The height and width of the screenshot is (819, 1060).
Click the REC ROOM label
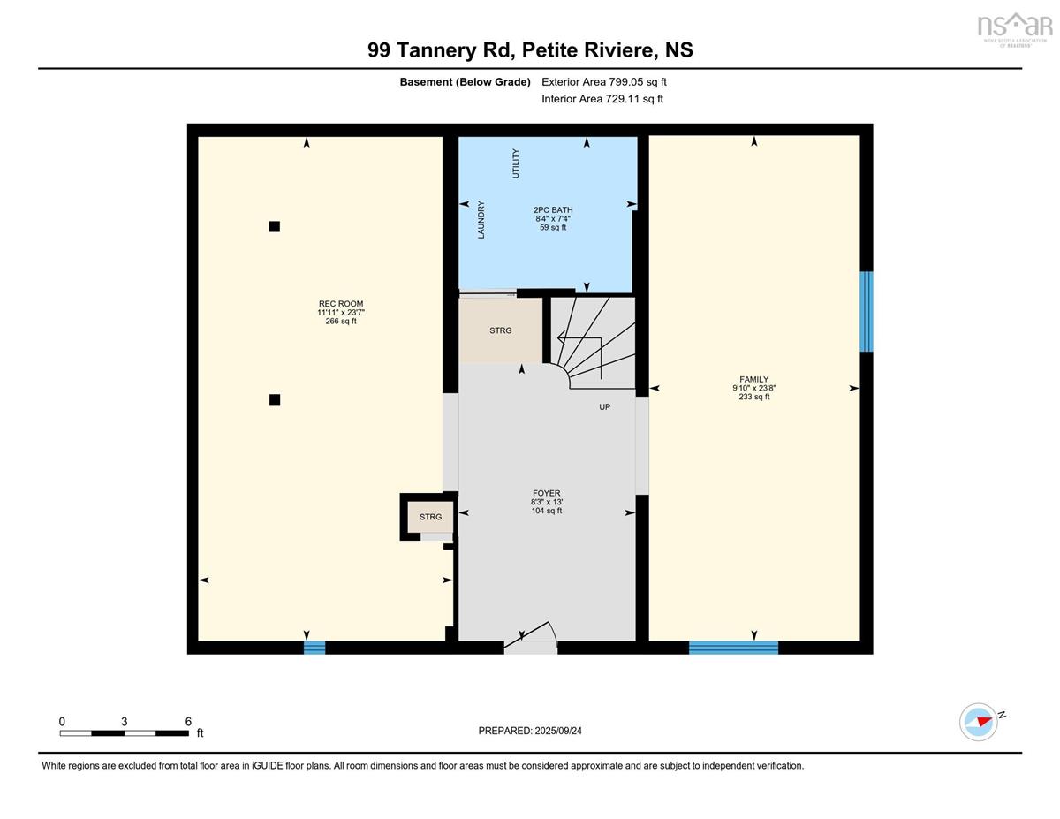341,303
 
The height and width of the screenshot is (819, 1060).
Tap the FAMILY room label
753,379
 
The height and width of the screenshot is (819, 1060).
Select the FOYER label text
546,493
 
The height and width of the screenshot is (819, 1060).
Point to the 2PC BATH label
553,209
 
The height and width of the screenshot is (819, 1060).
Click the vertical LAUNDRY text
481,219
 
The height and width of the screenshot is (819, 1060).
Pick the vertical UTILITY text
516,163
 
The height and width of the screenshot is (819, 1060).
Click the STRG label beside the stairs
501,330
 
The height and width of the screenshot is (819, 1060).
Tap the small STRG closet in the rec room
430,517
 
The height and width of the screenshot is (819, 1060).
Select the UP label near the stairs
604,406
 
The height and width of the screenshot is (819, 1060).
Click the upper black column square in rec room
275,226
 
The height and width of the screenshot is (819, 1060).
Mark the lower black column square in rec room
275,399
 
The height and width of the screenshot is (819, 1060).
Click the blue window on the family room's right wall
867,311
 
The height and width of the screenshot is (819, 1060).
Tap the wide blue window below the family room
733,648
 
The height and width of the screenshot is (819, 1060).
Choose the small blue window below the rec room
314,648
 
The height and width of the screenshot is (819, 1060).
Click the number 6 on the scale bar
188,722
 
